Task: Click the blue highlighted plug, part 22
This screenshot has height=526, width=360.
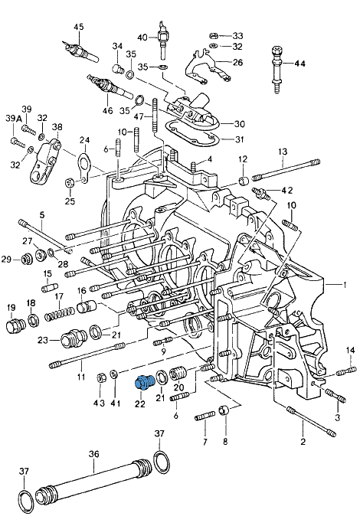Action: pyautogui.click(x=143, y=382)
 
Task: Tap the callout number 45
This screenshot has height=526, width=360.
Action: pyautogui.click(x=78, y=27)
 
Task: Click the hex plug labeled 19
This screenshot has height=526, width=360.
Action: pyautogui.click(x=15, y=325)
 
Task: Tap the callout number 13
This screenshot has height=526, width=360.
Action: pyautogui.click(x=283, y=152)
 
